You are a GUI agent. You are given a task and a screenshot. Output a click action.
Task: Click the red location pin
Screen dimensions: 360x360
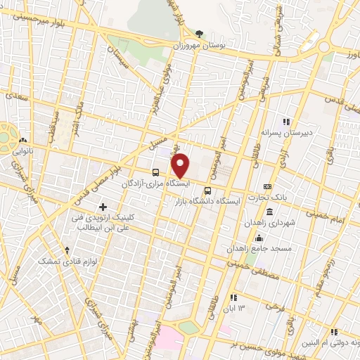[x=181, y=165]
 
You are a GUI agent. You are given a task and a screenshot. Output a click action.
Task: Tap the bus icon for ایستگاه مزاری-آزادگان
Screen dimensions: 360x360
[x=155, y=171]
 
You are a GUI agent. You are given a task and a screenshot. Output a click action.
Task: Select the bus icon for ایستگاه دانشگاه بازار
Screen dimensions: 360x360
[x=207, y=190]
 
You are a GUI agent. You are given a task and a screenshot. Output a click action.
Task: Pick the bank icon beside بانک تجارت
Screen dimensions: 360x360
[x=267, y=186]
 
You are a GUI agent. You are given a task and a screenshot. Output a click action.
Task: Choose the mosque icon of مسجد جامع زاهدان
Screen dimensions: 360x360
[x=259, y=237]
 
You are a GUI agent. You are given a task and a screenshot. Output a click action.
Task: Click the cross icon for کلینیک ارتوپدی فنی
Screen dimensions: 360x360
[x=103, y=207]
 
